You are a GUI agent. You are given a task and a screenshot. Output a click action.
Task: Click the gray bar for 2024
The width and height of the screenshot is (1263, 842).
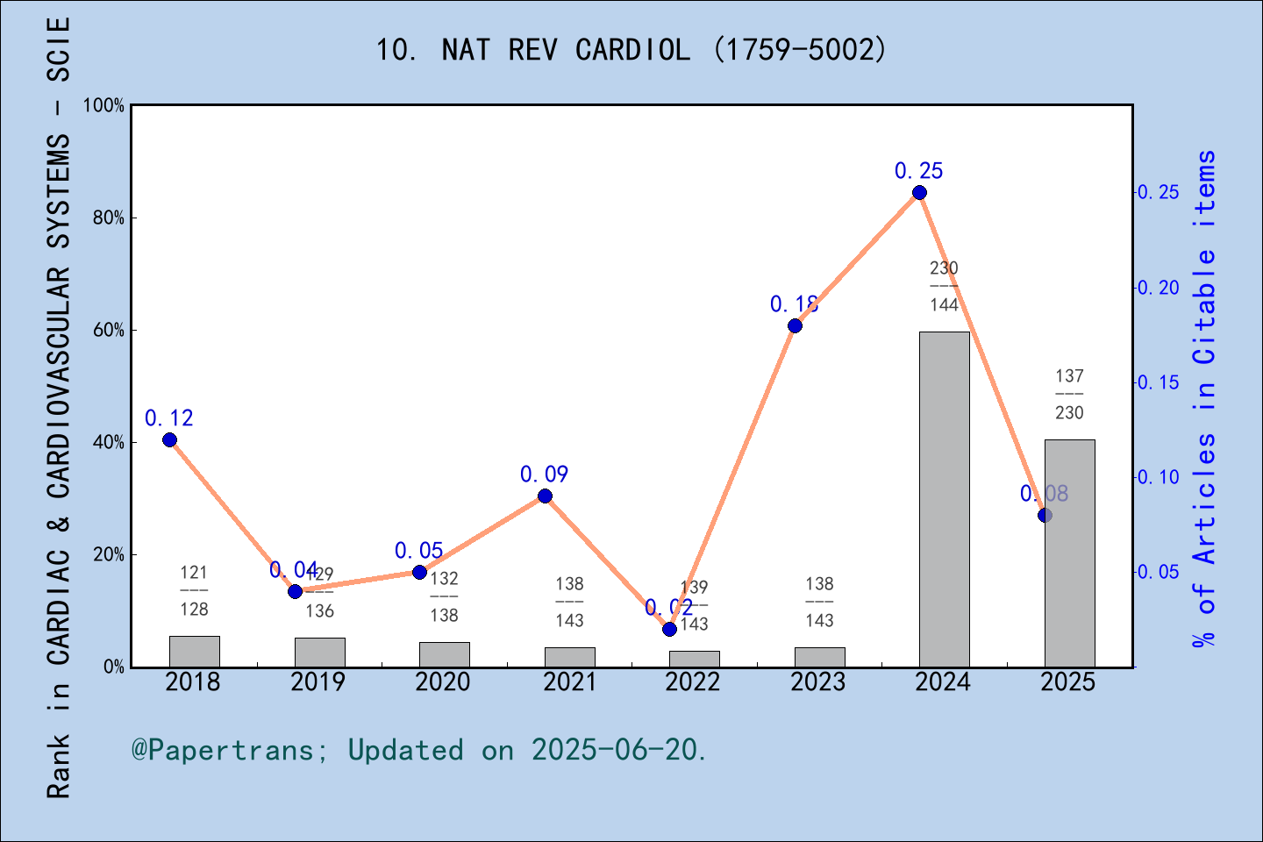(944, 499)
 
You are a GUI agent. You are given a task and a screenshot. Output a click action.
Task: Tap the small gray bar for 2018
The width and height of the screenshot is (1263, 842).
(194, 652)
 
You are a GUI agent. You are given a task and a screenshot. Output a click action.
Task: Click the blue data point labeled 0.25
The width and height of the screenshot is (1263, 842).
(919, 193)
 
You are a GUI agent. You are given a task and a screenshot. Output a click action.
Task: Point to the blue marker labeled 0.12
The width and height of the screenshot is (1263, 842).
(169, 439)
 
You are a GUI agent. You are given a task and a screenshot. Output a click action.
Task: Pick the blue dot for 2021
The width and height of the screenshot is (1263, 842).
(545, 496)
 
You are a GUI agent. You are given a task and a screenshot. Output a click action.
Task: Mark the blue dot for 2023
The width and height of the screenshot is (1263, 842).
(795, 325)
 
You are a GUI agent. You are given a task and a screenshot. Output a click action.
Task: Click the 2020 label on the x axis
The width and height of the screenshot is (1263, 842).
(443, 682)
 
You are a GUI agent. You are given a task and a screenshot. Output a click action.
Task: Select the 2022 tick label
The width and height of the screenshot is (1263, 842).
(693, 682)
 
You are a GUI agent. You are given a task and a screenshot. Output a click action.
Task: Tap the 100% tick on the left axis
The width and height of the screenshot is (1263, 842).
(103, 105)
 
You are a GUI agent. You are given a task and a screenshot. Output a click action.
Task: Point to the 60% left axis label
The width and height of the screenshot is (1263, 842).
(108, 330)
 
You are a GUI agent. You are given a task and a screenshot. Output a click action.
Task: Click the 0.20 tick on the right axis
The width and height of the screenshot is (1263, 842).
(1158, 288)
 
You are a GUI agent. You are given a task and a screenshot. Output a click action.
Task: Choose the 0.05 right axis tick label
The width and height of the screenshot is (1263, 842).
(1158, 572)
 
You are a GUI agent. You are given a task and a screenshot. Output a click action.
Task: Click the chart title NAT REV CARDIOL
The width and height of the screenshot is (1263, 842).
(631, 50)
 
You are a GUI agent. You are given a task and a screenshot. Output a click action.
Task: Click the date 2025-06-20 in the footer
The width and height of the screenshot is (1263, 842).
(617, 750)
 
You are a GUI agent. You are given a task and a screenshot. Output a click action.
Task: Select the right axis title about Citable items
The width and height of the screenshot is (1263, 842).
(1205, 399)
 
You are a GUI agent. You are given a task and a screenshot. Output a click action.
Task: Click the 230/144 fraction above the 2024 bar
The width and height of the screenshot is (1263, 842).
(944, 286)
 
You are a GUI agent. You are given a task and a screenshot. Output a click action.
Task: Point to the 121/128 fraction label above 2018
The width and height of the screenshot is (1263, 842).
(194, 590)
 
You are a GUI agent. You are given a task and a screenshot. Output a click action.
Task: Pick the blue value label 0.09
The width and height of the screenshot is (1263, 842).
(544, 475)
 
